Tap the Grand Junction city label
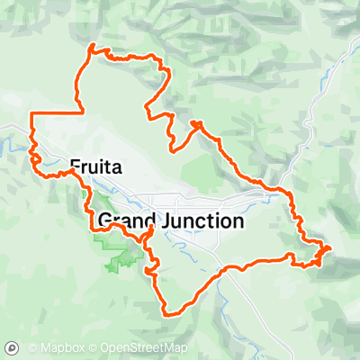click(170, 220)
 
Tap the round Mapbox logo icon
click(13, 347)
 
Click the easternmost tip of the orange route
click(330, 247)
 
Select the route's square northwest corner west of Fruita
click(32, 113)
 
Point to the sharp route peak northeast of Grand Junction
click(195, 122)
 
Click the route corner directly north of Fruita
click(83, 112)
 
